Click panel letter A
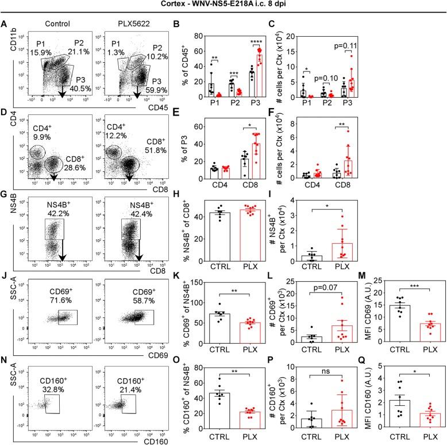[5, 25]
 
